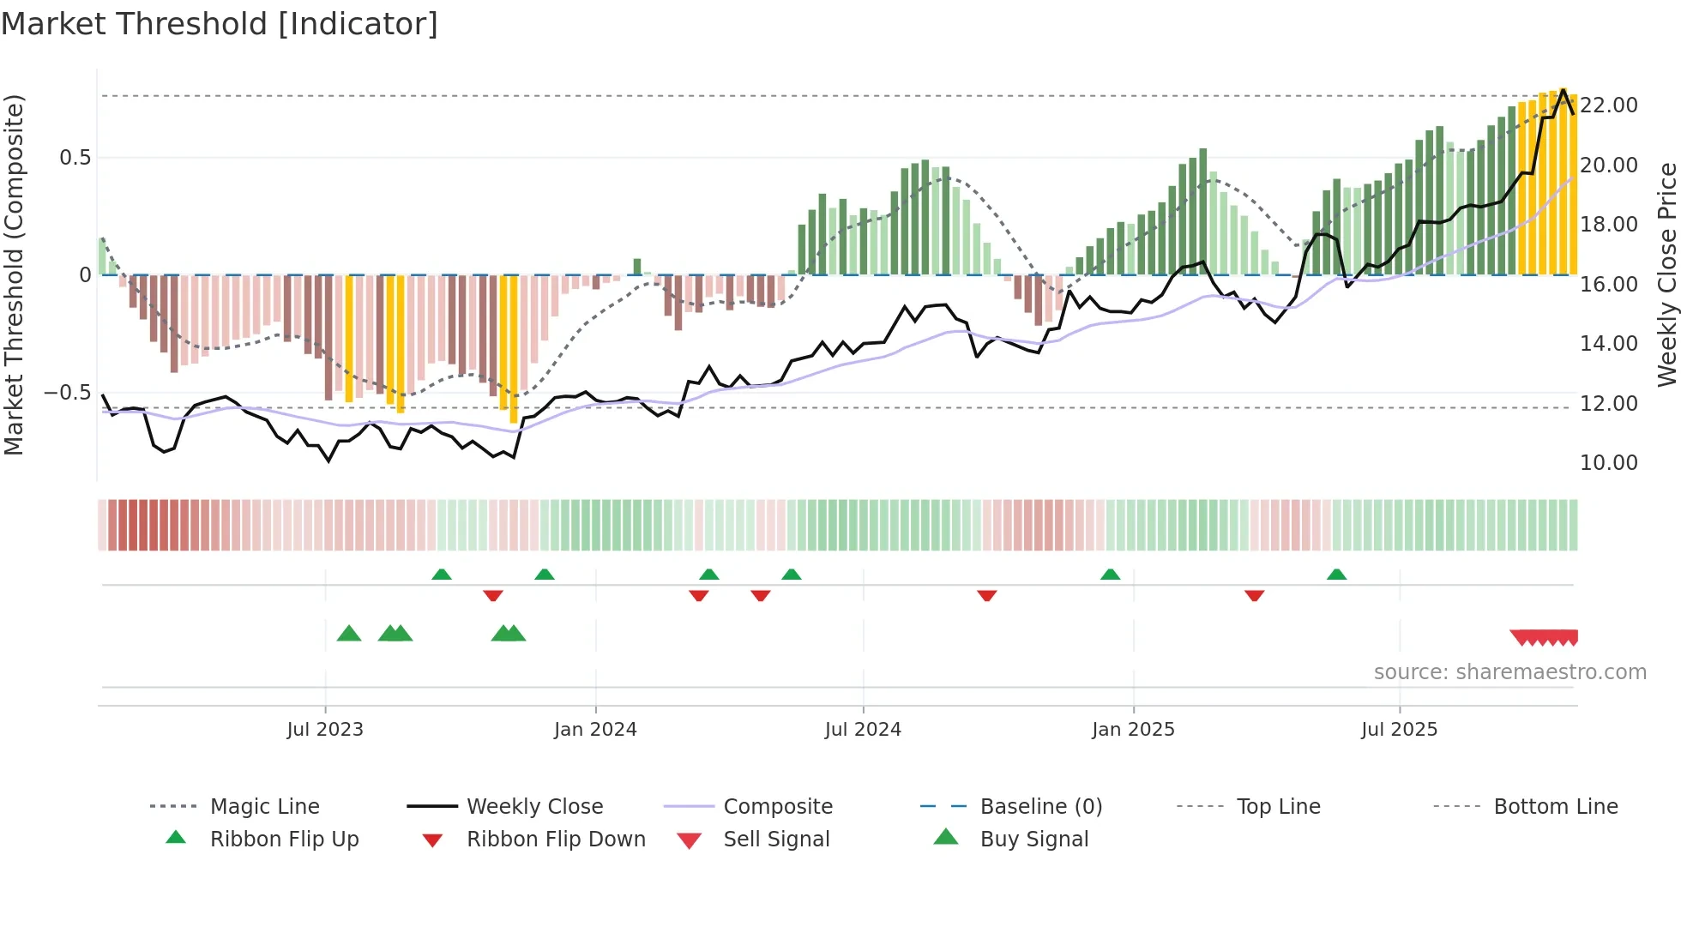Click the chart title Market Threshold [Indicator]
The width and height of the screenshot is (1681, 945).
click(x=220, y=24)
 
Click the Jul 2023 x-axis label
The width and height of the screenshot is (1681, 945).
click(x=325, y=730)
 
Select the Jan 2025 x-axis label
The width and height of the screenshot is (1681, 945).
click(x=1133, y=730)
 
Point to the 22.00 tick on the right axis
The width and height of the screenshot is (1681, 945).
click(x=1609, y=105)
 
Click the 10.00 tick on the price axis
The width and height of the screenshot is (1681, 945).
click(x=1609, y=463)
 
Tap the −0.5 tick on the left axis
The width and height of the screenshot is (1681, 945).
click(x=67, y=393)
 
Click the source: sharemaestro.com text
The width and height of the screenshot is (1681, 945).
click(x=1509, y=672)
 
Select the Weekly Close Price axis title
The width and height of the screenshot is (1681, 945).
click(x=1666, y=274)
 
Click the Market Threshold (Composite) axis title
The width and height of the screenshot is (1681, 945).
click(x=14, y=274)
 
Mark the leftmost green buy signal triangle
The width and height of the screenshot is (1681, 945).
click(x=349, y=635)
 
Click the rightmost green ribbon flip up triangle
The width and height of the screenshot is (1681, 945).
click(x=1336, y=575)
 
